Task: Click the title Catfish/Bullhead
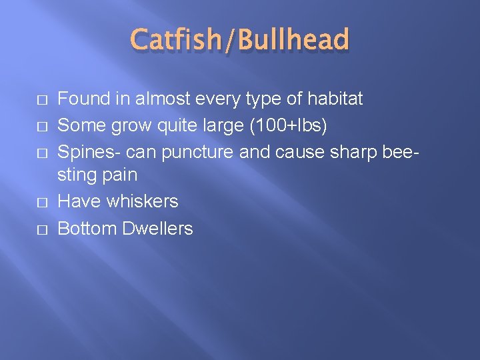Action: [x=240, y=39]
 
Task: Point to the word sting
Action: [x=77, y=175]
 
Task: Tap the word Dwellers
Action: [x=158, y=229]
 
